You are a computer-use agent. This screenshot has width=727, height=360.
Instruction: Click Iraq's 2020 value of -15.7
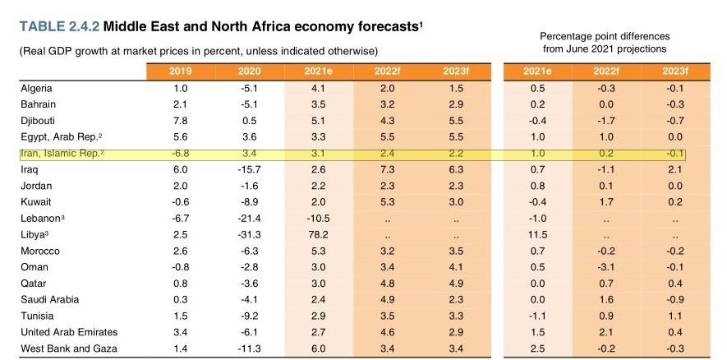point(251,169)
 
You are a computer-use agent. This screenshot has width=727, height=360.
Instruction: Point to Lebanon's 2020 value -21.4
point(251,218)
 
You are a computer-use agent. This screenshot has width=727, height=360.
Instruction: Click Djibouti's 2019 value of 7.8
point(182,121)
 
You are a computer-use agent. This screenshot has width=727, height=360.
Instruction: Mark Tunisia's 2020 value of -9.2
point(251,316)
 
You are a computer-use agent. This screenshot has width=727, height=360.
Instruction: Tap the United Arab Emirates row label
point(69,332)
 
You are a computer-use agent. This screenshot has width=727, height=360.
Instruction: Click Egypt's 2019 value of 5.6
point(182,136)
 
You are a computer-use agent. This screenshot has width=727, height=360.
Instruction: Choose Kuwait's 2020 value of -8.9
point(251,201)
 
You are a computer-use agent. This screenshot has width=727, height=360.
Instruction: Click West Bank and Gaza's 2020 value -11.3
point(251,348)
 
